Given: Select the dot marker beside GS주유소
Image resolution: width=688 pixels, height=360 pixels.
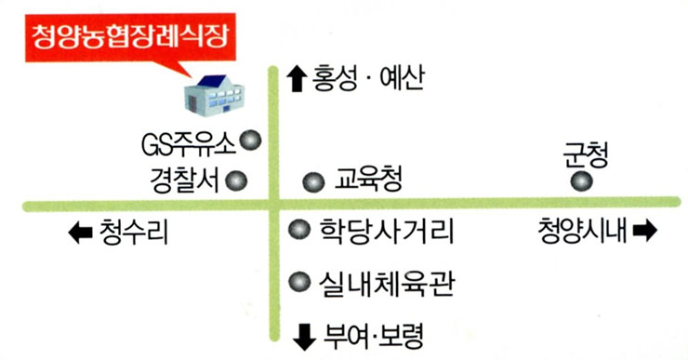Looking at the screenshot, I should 250,141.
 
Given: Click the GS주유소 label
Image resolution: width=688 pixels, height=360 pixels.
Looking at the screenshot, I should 188,144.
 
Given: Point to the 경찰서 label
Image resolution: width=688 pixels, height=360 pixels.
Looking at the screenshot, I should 184,180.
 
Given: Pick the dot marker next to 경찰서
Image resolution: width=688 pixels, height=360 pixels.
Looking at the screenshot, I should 238,180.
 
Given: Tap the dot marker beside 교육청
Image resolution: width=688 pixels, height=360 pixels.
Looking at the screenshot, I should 314,182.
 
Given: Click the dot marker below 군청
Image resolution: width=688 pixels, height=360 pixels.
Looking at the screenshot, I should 582,181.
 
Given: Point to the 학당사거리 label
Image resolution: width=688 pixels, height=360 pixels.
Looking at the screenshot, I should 385,230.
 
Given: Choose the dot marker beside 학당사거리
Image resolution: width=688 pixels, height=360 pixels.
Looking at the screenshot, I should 298,228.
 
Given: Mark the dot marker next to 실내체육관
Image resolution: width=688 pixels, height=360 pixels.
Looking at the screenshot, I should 298,280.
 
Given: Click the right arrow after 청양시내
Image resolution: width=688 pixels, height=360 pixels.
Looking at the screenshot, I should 645,229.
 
